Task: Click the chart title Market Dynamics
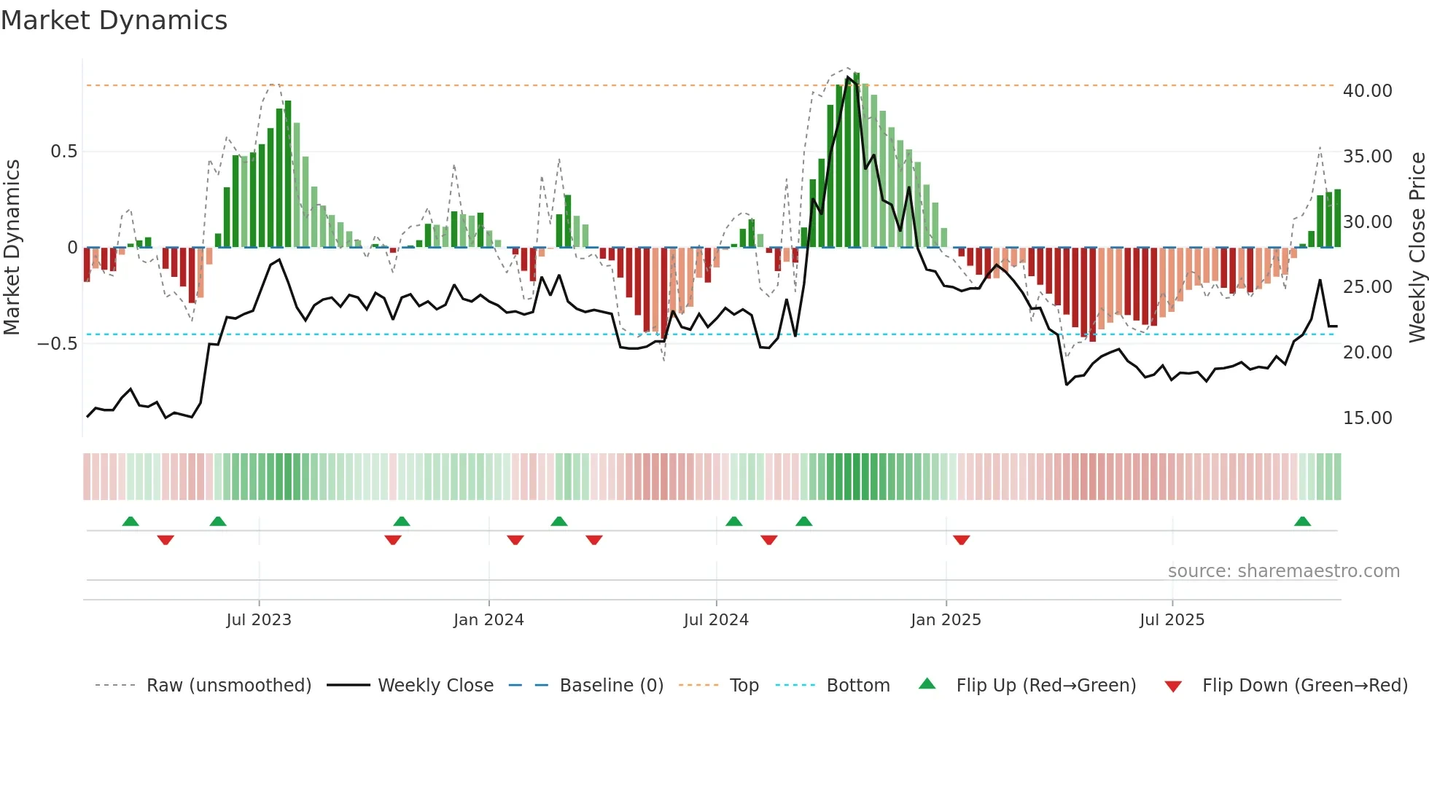tap(114, 20)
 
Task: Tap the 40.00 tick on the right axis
tap(1367, 91)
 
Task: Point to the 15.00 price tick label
tap(1367, 418)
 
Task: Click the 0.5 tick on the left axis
tap(63, 152)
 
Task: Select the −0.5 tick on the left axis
tap(57, 344)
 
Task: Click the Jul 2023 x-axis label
tap(259, 620)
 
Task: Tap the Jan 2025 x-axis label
tap(946, 620)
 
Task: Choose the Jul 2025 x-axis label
tap(1172, 620)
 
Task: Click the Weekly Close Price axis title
tap(1417, 247)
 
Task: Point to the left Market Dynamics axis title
tap(12, 247)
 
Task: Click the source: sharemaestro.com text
tap(1283, 571)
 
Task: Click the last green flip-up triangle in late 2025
tap(1302, 522)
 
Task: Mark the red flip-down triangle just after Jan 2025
tap(961, 540)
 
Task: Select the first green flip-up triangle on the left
tap(131, 522)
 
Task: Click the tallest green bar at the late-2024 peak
tap(857, 160)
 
